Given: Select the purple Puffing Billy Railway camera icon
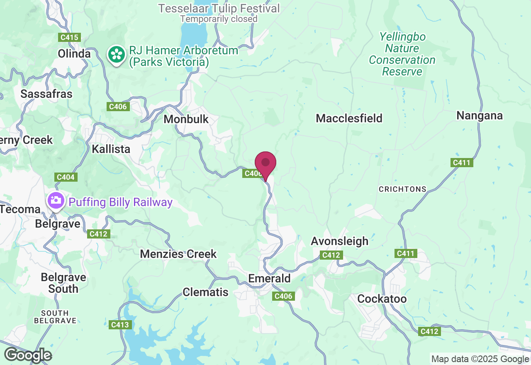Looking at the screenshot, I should click(55, 201).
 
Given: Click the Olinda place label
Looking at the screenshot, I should click(74, 54).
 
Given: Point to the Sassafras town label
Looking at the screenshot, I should click(46, 94).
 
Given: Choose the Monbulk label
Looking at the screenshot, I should click(186, 119).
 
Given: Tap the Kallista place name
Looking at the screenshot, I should click(111, 149).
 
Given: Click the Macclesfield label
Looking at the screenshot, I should click(349, 118).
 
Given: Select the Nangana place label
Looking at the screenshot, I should click(480, 116).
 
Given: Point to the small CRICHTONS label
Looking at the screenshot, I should click(402, 189).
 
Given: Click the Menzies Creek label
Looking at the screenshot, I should click(178, 254).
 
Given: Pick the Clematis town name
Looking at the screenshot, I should click(206, 292).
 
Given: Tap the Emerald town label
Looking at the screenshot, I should click(269, 278).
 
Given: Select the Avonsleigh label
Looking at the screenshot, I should click(340, 241).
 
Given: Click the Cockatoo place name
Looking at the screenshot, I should click(382, 299).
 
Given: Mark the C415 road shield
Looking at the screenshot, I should click(69, 37).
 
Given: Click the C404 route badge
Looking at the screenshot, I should click(66, 178).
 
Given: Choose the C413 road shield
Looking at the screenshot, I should click(120, 325).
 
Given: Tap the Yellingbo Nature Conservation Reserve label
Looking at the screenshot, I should click(402, 54).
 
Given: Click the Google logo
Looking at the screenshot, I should click(28, 355).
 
